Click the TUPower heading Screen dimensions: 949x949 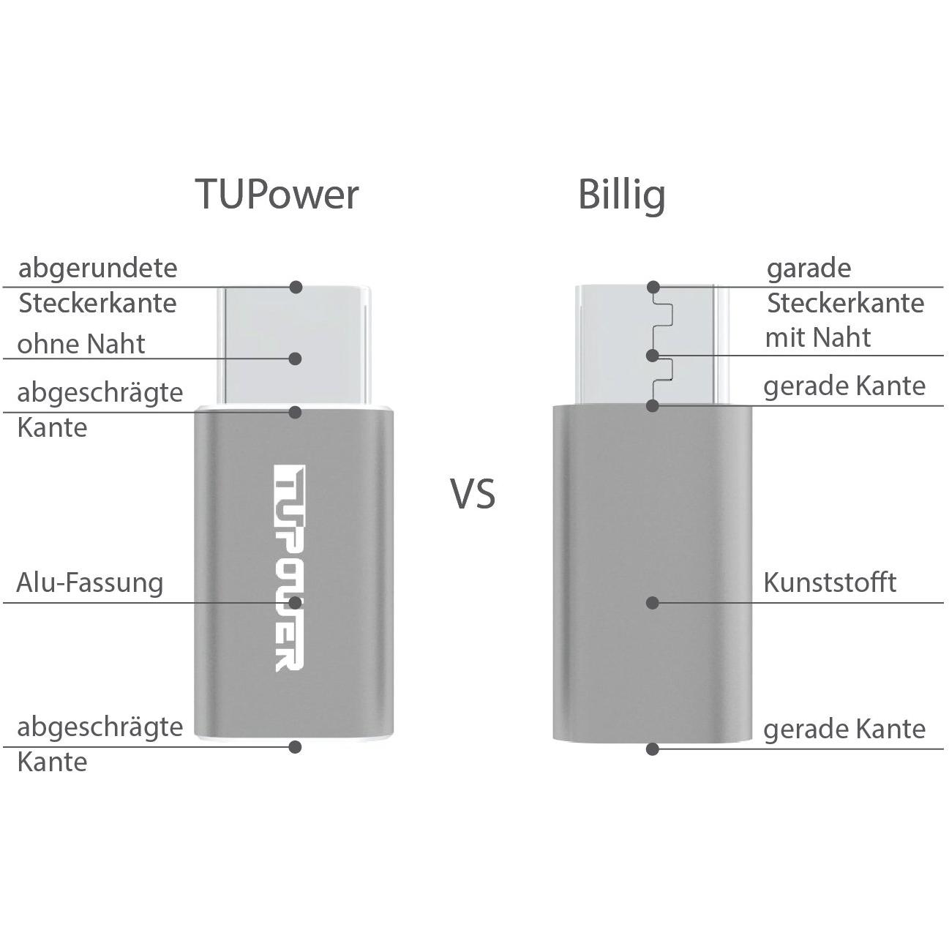click(x=277, y=194)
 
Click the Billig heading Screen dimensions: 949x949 click(x=621, y=194)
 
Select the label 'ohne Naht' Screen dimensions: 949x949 click(x=81, y=344)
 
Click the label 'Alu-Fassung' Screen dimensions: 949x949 click(x=89, y=582)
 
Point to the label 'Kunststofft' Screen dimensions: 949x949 click(x=830, y=582)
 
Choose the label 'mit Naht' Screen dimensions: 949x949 click(x=818, y=337)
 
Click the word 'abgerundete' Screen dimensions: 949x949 click(x=97, y=268)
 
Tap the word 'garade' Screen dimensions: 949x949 click(x=809, y=269)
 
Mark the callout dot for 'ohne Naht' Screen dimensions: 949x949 click(x=295, y=359)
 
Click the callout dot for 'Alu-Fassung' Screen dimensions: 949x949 click(x=295, y=602)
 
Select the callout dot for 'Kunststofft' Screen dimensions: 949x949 click(x=653, y=602)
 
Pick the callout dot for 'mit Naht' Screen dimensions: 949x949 click(x=653, y=356)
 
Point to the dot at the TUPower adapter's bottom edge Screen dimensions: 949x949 click(x=295, y=747)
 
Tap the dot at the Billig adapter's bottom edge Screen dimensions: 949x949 click(x=653, y=749)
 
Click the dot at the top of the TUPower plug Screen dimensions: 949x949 click(x=296, y=287)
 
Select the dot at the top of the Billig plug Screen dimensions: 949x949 click(x=653, y=287)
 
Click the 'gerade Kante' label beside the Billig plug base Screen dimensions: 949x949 click(x=844, y=386)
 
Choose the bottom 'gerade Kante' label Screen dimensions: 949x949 click(x=844, y=729)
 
